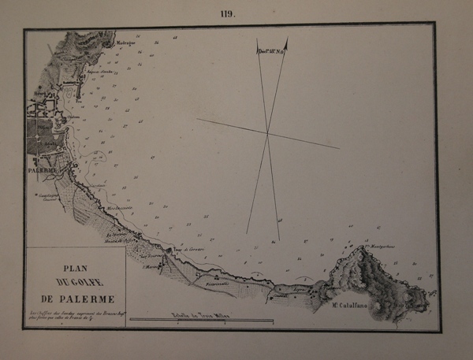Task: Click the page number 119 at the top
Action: click(229, 13)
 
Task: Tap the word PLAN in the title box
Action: click(72, 266)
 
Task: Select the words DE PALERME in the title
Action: click(73, 299)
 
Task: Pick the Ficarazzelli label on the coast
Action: click(216, 282)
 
